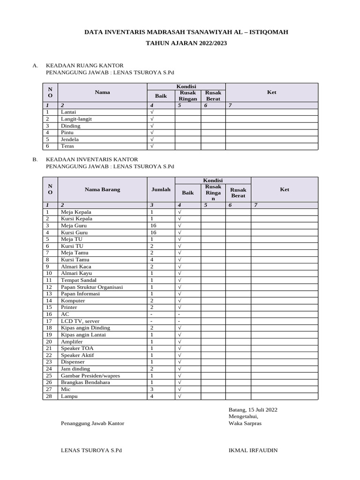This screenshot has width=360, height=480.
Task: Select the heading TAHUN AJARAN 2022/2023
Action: pos(186,43)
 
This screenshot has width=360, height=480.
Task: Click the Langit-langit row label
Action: pos(76,119)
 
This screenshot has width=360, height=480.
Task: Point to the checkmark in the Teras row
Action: pos(152,146)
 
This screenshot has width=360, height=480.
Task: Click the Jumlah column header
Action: pos(161,189)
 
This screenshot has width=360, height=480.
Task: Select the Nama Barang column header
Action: pos(102,189)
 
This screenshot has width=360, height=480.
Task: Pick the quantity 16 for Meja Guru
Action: pos(153,225)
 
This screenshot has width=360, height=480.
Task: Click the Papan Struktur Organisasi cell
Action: pos(92,287)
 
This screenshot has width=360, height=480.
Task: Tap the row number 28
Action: pos(48,396)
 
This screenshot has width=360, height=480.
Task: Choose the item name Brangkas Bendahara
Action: pos(85,382)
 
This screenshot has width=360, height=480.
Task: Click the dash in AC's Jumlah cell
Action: pos(151,314)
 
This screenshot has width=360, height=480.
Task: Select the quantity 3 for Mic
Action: pos(151,389)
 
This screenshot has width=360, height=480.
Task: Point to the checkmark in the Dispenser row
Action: pos(180,362)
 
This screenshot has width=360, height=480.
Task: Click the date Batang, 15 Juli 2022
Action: pos(253,409)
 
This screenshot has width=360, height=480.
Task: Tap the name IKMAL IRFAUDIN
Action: pos(253,450)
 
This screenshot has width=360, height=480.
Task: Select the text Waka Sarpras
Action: pos(245,423)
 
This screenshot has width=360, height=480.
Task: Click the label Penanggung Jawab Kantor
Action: pos(92,423)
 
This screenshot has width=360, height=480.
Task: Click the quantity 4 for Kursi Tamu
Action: pos(151,260)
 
